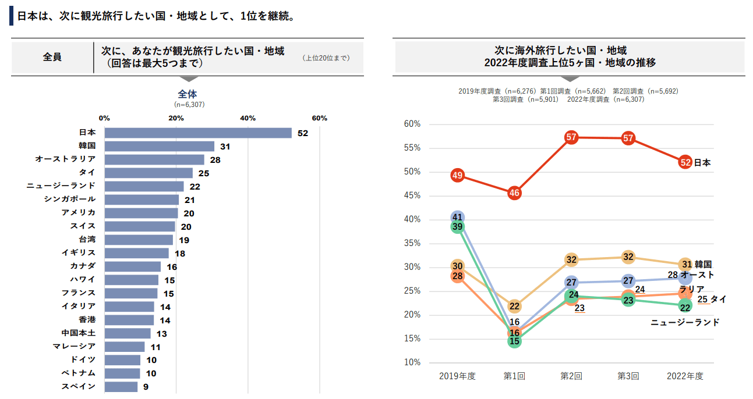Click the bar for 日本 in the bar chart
pyautogui.click(x=198, y=133)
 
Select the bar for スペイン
pyautogui.click(x=121, y=387)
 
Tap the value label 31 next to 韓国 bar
pyautogui.click(x=225, y=147)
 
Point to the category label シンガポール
pyautogui.click(x=70, y=199)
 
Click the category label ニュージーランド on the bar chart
pyautogui.click(x=61, y=186)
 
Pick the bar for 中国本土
pyautogui.click(x=128, y=334)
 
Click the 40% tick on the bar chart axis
pyautogui.click(x=248, y=118)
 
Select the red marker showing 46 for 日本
pyautogui.click(x=514, y=193)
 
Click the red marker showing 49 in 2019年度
pyautogui.click(x=457, y=175)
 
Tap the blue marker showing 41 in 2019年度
pyautogui.click(x=458, y=217)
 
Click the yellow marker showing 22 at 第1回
pyautogui.click(x=514, y=306)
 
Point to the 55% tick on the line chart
pyautogui.click(x=412, y=148)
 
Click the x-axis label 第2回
pyautogui.click(x=571, y=376)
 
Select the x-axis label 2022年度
pyautogui.click(x=685, y=376)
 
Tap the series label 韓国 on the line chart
pyautogui.click(x=703, y=265)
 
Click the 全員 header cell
pyautogui.click(x=52, y=57)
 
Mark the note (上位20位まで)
pyautogui.click(x=326, y=58)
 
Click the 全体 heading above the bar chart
pyautogui.click(x=188, y=94)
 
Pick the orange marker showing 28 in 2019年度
pyautogui.click(x=457, y=277)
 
